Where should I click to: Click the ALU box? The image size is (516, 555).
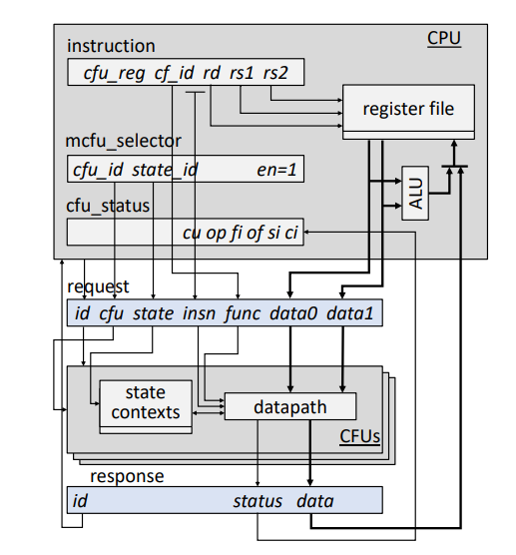pyautogui.click(x=415, y=193)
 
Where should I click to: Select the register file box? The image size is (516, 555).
pyautogui.click(x=408, y=112)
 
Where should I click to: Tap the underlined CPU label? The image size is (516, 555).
pyautogui.click(x=444, y=38)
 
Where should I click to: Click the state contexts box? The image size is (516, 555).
pyautogui.click(x=146, y=406)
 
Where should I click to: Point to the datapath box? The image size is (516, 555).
pyautogui.click(x=290, y=406)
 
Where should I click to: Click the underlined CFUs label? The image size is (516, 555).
pyautogui.click(x=359, y=436)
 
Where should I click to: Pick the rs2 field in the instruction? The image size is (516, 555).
pyautogui.click(x=275, y=73)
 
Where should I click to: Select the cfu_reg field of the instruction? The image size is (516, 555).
pyautogui.click(x=114, y=74)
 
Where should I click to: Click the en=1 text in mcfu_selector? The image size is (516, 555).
pyautogui.click(x=276, y=170)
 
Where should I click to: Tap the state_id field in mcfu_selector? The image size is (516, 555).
pyautogui.click(x=165, y=170)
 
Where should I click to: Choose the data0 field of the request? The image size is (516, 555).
pyautogui.click(x=293, y=313)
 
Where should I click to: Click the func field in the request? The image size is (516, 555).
pyautogui.click(x=243, y=313)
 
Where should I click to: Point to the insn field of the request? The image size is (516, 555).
pyautogui.click(x=199, y=313)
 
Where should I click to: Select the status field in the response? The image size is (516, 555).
pyautogui.click(x=258, y=501)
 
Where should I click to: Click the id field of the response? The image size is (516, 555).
pyautogui.click(x=80, y=501)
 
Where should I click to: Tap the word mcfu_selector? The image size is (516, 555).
pyautogui.click(x=123, y=141)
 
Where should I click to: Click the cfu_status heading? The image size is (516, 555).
pyautogui.click(x=108, y=206)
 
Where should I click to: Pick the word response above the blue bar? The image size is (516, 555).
pyautogui.click(x=127, y=476)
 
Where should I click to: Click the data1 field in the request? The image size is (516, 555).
pyautogui.click(x=349, y=313)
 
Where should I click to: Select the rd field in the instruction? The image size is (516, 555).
pyautogui.click(x=212, y=73)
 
